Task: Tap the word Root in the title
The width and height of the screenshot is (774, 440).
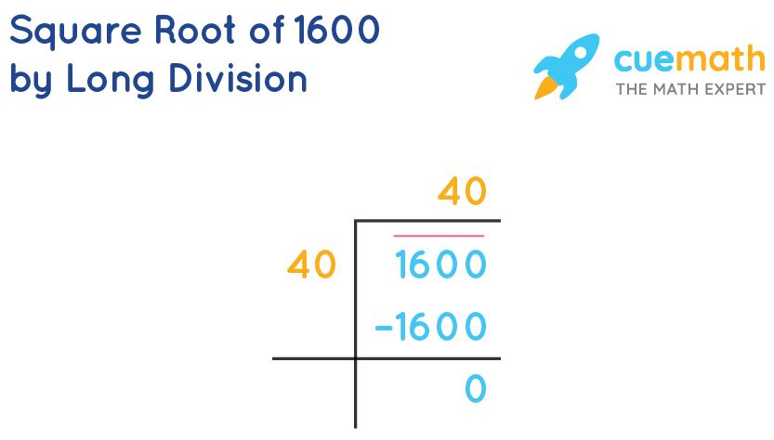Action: coord(201,31)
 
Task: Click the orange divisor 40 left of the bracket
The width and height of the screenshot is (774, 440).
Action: coord(311,265)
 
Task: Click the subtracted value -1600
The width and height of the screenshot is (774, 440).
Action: coord(430,327)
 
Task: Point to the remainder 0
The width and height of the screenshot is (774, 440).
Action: coord(475,389)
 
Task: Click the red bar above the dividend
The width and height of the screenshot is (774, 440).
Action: coord(439,237)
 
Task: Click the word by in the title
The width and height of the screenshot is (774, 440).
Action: coord(31,80)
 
